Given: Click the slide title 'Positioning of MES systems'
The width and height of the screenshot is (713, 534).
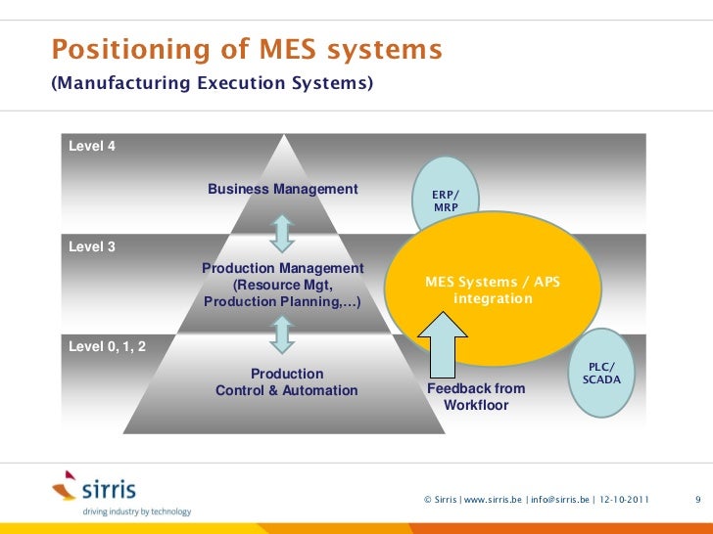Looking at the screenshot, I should (247, 49).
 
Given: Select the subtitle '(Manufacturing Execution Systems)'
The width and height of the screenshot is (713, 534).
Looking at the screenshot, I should (212, 85).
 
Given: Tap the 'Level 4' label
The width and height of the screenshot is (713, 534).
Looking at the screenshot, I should (92, 146).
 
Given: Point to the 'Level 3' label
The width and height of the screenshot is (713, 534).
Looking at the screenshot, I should (92, 246).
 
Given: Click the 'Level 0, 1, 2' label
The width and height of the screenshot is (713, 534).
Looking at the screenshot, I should (107, 346).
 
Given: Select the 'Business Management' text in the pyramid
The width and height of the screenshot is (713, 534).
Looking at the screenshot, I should (283, 189).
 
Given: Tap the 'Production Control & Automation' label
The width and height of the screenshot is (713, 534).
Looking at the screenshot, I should (287, 382).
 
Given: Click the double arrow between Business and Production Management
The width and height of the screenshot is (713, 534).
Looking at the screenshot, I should (282, 233).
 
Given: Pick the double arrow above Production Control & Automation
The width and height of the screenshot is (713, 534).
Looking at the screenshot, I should (282, 334).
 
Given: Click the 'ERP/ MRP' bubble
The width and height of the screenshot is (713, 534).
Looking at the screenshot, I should (446, 200).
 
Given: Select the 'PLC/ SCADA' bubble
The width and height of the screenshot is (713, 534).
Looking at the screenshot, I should (601, 373).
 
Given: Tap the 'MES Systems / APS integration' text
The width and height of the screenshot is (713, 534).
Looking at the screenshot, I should (493, 289).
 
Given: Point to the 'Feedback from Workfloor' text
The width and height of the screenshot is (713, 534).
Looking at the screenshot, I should (477, 396).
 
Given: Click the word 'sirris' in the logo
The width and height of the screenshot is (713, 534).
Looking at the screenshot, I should (108, 489).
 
